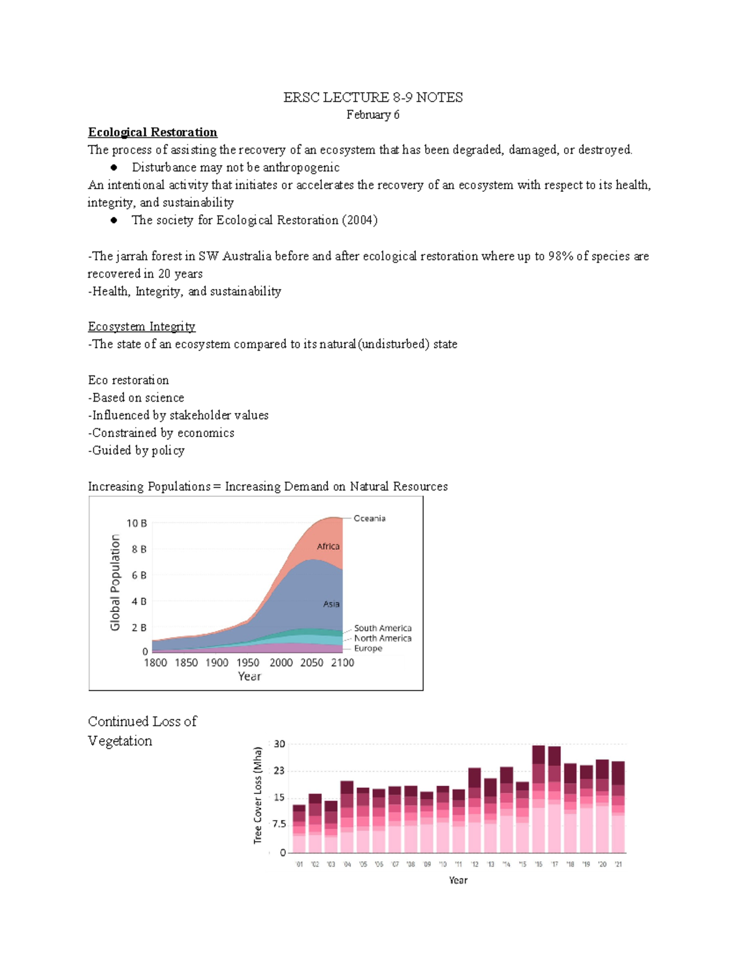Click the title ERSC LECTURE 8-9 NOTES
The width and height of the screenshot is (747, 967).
373,97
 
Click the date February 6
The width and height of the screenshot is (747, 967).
373,115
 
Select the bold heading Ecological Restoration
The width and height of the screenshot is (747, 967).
153,132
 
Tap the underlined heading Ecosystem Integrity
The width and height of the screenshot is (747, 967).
141,326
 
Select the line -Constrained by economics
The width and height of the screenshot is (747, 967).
161,433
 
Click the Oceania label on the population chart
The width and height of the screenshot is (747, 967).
369,518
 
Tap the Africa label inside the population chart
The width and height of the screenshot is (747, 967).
328,546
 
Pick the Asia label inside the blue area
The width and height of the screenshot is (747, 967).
331,604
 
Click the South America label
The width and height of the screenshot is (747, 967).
382,628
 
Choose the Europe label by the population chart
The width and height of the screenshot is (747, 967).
368,648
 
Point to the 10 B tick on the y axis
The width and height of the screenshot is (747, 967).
136,523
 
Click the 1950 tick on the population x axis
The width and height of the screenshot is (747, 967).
248,663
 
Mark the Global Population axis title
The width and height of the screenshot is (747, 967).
115,582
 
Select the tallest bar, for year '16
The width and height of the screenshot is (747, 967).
538,798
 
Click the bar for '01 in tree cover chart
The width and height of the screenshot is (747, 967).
299,829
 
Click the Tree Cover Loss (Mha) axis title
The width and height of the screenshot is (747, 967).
258,795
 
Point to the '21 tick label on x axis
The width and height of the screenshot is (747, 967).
618,864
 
